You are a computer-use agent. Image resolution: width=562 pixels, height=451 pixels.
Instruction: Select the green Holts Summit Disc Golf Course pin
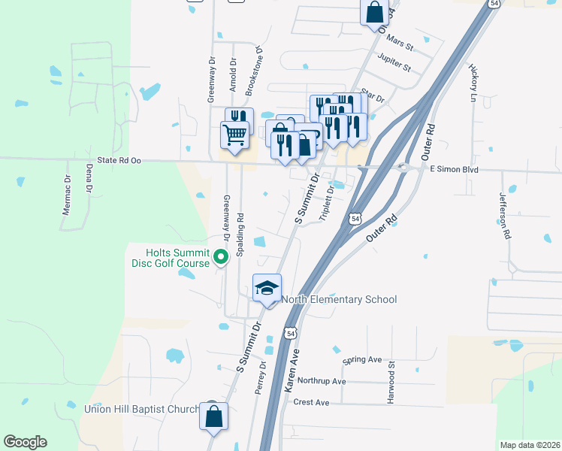221,258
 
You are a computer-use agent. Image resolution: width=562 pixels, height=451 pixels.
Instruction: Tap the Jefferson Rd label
506,214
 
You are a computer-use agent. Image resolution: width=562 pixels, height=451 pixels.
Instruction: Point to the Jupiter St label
395,63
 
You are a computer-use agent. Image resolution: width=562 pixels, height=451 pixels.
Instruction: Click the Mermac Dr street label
66,192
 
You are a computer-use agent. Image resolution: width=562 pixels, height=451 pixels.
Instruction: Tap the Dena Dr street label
88,179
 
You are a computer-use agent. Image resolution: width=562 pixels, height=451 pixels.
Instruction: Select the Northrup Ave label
323,382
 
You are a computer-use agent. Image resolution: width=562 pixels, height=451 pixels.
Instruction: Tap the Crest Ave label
312,403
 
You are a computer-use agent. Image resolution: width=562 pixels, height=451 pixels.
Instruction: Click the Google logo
25,442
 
